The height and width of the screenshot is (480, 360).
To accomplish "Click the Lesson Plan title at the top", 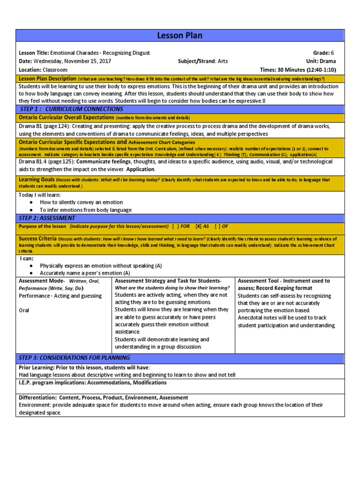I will pyautogui.click(x=180, y=36).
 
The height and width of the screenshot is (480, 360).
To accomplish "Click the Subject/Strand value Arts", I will pyautogui.click(x=222, y=61).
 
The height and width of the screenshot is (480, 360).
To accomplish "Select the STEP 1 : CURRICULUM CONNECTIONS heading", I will pyautogui.click(x=64, y=109).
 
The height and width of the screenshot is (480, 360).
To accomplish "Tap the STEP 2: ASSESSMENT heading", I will pyautogui.click(x=47, y=218).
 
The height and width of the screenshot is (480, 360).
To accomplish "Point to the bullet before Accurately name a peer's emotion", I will pyautogui.click(x=31, y=273).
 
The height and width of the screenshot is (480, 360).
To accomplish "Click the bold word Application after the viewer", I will pyautogui.click(x=140, y=169).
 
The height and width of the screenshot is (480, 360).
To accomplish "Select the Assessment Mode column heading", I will pyautogui.click(x=42, y=281).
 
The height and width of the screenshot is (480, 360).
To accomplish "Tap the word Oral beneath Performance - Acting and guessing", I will pyautogui.click(x=25, y=310).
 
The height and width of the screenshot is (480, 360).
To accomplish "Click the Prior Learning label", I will pyautogui.click(x=37, y=367).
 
